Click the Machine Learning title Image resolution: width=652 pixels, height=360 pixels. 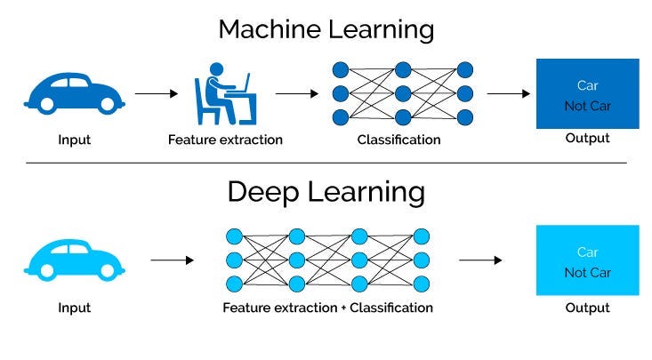(x=326, y=29)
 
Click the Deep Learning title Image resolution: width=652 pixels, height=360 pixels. (x=326, y=192)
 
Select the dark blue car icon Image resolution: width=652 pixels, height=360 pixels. (x=75, y=92)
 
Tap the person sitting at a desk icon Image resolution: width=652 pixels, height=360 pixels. (x=223, y=96)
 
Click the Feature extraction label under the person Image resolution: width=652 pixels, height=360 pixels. (x=225, y=140)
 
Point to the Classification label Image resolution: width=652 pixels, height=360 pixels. (x=398, y=140)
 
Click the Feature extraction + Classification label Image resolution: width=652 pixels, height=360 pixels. (x=328, y=308)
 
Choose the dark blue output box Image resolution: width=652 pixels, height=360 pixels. (x=587, y=94)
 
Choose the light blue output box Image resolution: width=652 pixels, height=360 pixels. (x=587, y=260)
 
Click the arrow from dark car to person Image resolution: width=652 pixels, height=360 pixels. (x=157, y=92)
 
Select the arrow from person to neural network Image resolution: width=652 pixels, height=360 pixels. (x=296, y=92)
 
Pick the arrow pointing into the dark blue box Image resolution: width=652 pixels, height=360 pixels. (x=509, y=92)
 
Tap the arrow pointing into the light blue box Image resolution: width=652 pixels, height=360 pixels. (x=480, y=260)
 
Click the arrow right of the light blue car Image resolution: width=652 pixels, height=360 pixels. (x=172, y=260)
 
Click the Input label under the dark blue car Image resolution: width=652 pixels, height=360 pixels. (x=74, y=140)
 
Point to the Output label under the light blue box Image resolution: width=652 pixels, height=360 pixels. (x=587, y=308)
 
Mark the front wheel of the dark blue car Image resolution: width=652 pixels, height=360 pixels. (x=108, y=104)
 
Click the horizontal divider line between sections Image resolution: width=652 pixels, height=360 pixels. (x=326, y=163)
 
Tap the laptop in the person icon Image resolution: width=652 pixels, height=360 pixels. (x=241, y=85)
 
